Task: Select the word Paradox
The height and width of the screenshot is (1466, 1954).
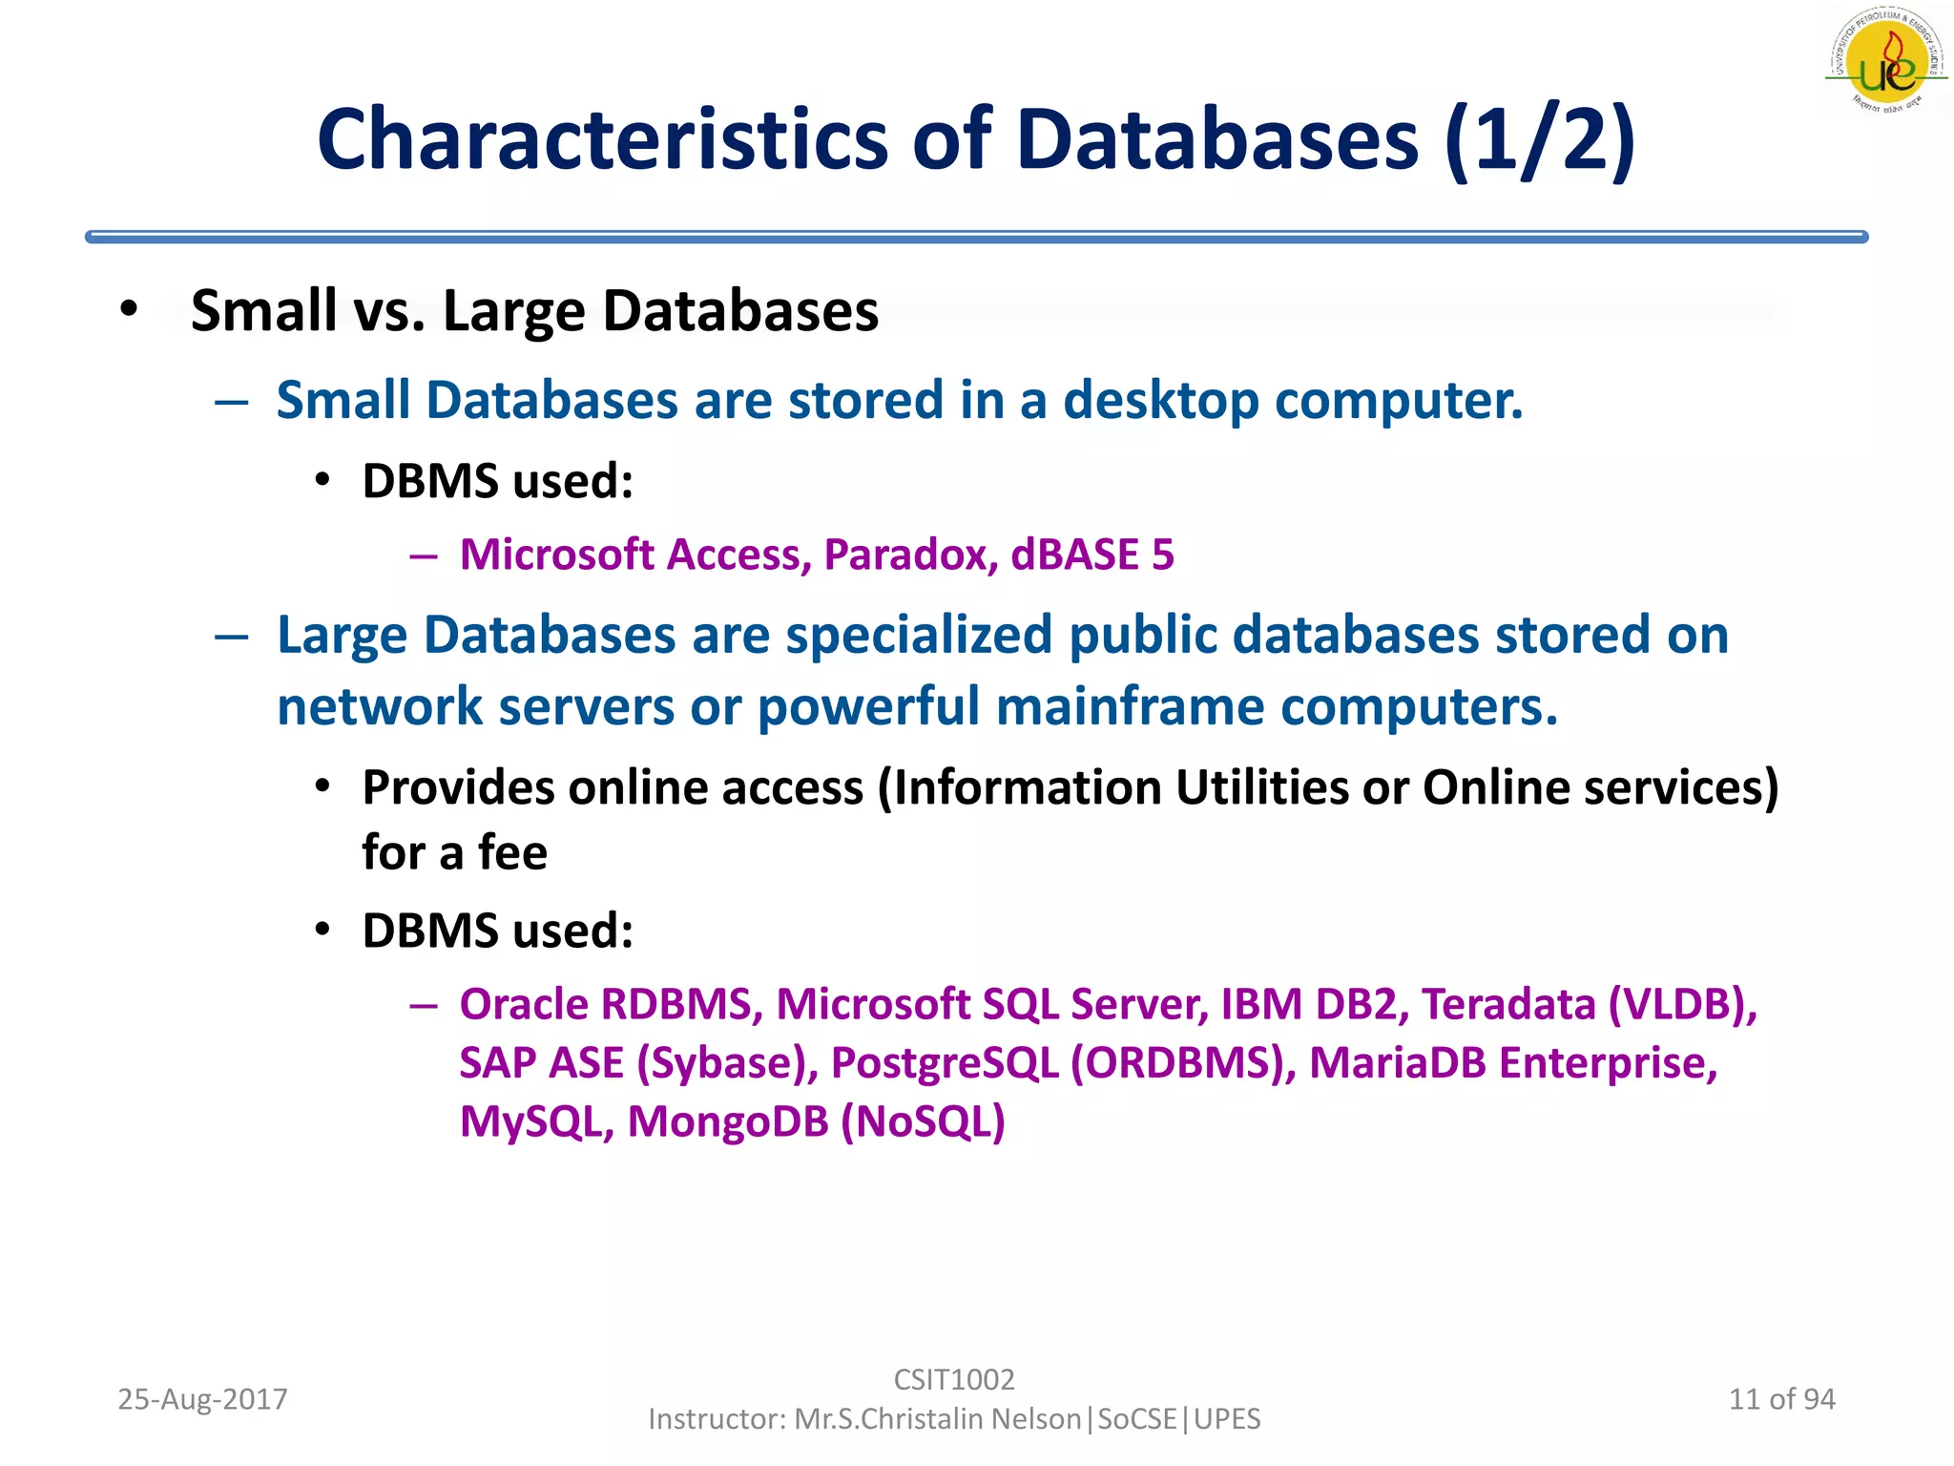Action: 912,555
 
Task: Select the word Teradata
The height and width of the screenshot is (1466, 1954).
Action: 1508,1004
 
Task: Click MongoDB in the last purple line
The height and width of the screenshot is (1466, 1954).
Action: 728,1121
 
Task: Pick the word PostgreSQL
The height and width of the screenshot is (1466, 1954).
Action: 945,1063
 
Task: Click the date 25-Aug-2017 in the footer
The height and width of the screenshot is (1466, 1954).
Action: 202,1399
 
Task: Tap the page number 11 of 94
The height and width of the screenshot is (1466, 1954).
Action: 1781,1399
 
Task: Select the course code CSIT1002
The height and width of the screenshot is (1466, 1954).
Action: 953,1379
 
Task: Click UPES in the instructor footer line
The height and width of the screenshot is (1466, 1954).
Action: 1227,1419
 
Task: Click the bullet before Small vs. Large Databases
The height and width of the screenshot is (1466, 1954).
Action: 130,310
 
